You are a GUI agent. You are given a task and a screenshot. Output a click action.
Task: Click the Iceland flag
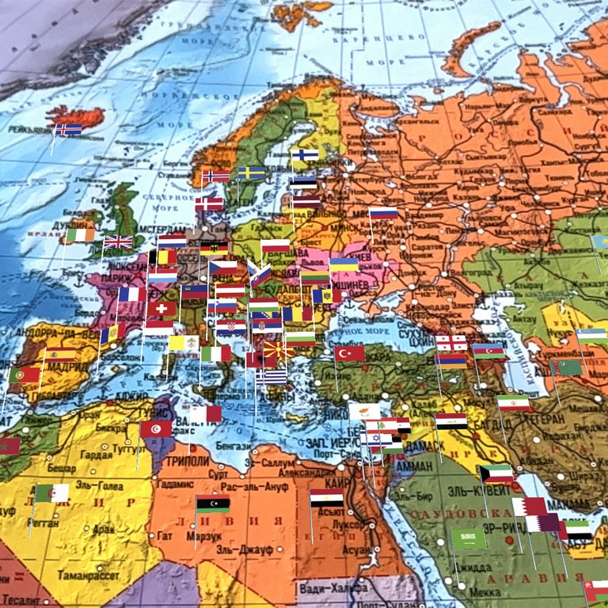[68, 129]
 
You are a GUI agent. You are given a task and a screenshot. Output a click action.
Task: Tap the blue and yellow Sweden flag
[252, 173]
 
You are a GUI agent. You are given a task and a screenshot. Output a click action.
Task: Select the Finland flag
[305, 155]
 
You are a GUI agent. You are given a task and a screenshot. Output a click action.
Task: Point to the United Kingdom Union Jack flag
[119, 241]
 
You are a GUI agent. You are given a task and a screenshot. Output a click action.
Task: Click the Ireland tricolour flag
[80, 234]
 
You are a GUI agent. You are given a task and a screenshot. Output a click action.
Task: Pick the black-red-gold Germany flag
[214, 249]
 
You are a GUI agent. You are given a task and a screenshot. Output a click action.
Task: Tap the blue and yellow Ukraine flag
[344, 264]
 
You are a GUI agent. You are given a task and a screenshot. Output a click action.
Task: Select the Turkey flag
[349, 353]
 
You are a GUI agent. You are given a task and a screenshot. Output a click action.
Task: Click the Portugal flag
[25, 374]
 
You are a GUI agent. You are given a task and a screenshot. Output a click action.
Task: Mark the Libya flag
[213, 504]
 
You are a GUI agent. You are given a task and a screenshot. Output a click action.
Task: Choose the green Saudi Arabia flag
[469, 539]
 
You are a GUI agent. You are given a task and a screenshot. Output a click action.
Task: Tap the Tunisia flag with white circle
[156, 428]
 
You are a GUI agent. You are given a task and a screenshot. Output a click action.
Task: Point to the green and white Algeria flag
[52, 493]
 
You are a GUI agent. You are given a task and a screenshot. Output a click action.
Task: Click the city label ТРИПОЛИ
[189, 462]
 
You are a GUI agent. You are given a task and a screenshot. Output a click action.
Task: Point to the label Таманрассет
[88, 576]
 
